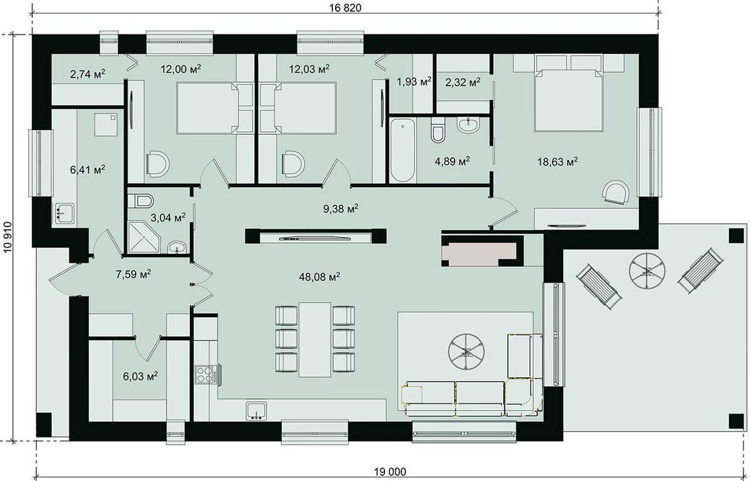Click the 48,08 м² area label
pos(319,277)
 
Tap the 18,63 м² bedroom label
pos(557,162)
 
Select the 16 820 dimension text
pos(345,8)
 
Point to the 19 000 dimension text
pos(390,472)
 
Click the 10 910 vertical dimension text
pos(8,236)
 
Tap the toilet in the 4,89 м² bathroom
pos(437,131)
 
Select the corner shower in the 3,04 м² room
pos(144,236)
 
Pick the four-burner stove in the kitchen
pos(205,375)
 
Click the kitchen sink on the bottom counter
pos(256,411)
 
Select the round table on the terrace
pos(647,271)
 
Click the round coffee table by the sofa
pos(466,352)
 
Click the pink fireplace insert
pos(479,252)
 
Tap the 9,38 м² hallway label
pos(341,209)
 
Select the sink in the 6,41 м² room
pos(65,213)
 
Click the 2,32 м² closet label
pos(462,82)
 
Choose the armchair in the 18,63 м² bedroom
pos(616,193)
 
